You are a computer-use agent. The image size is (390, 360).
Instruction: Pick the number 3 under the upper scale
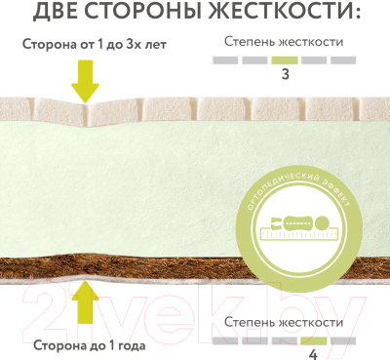click(x=285, y=74)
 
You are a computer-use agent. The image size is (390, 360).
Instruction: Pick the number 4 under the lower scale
click(x=313, y=353)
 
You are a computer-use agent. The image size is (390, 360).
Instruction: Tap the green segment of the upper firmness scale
click(x=285, y=60)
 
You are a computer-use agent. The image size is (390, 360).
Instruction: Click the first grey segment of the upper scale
click(x=225, y=60)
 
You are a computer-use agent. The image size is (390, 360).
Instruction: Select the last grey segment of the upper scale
click(x=343, y=60)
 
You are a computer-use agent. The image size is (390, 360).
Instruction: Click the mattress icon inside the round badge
click(x=299, y=227)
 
